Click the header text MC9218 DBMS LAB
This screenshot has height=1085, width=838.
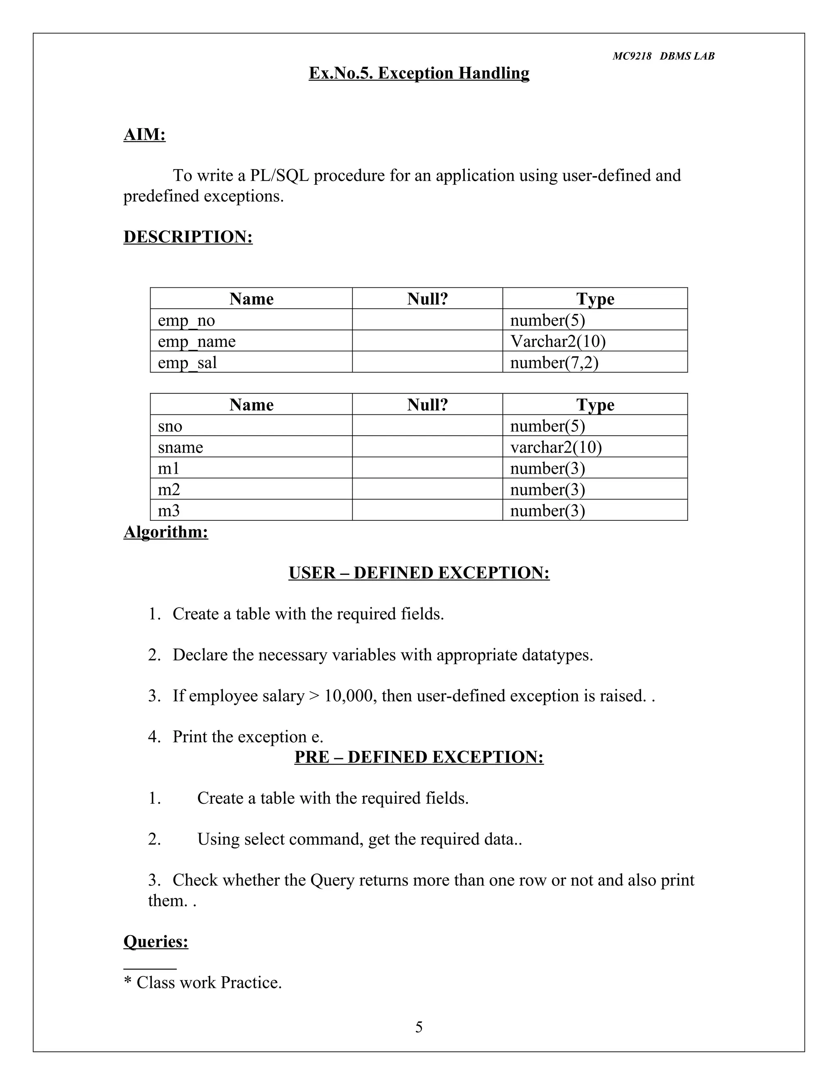[663, 56]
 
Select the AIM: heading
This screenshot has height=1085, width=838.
[144, 134]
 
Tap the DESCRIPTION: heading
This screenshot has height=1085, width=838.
[188, 237]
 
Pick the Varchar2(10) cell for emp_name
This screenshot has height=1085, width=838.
[558, 341]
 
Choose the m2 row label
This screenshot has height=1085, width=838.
[169, 489]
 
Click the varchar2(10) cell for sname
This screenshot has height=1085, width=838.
[556, 447]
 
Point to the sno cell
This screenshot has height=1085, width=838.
[170, 426]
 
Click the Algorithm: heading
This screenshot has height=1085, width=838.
[165, 532]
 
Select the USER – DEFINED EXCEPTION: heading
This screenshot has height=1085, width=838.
[419, 573]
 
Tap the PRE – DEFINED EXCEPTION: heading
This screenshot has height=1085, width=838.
[419, 757]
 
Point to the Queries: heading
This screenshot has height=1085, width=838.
[155, 941]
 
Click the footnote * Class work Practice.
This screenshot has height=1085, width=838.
[203, 982]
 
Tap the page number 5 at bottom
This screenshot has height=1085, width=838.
[419, 1027]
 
